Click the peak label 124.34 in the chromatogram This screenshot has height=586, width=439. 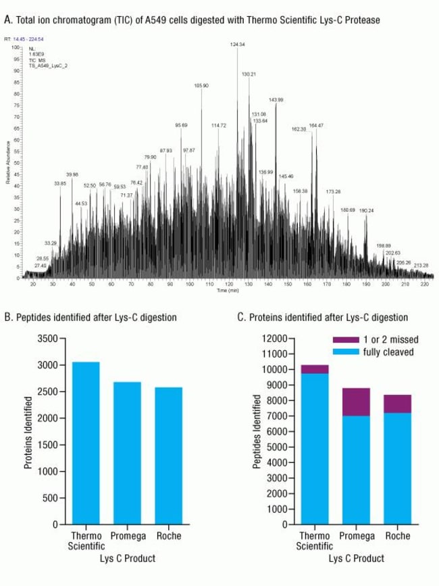tap(238, 44)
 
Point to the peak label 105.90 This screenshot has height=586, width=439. tap(201, 86)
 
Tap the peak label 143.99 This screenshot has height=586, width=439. tap(276, 100)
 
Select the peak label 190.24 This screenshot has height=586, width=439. tap(367, 210)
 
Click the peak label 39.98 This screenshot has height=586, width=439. tap(72, 174)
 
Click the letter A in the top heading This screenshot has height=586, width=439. tap(7, 20)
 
